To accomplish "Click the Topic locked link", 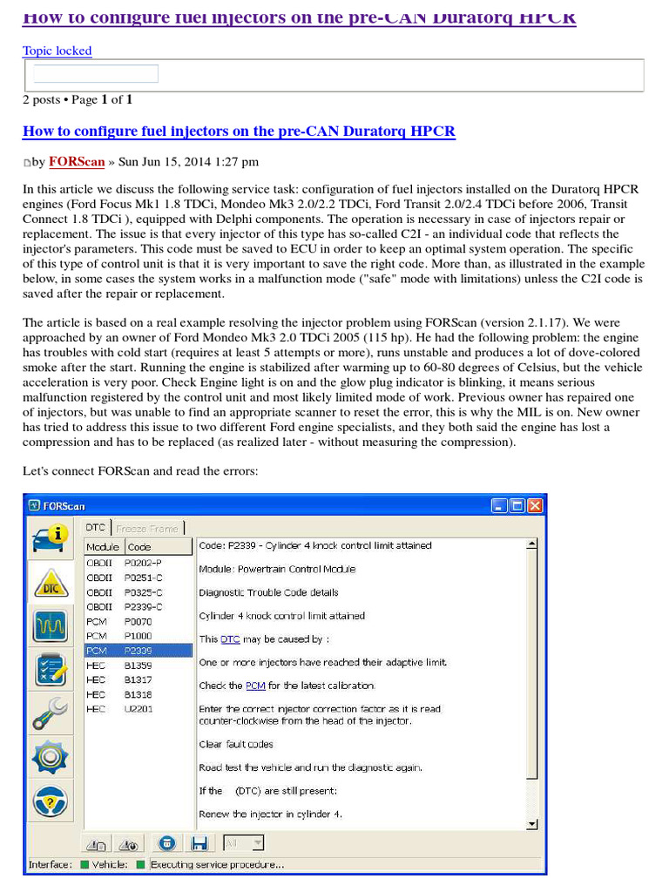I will (57, 51).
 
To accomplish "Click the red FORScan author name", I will (77, 161).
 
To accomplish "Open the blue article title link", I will (238, 132).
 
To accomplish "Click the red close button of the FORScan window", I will (534, 505).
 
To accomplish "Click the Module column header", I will (102, 547).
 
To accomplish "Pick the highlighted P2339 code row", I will (138, 650).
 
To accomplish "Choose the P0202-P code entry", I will (143, 563).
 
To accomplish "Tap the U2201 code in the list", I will (138, 709).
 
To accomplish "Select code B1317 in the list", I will (138, 679).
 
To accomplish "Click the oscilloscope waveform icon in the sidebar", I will (51, 625).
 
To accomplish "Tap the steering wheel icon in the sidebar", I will (51, 799).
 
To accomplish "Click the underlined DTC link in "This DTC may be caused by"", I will (230, 639).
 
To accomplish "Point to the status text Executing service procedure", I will (217, 865).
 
